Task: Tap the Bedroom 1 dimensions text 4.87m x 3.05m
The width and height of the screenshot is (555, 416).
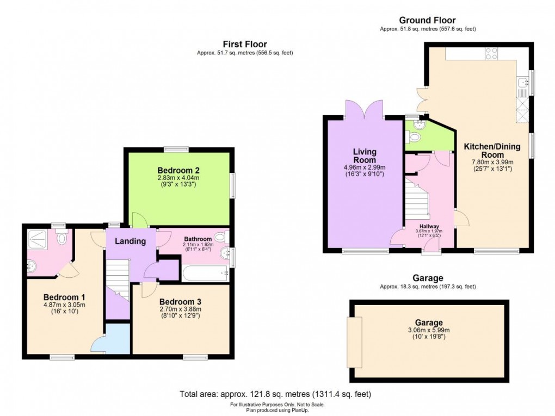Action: tap(64, 305)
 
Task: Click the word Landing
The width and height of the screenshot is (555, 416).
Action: tap(131, 241)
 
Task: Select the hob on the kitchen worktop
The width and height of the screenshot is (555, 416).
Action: tap(491, 53)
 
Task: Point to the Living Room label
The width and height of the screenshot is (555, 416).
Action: tap(364, 156)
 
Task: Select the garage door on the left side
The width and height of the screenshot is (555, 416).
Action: tap(354, 342)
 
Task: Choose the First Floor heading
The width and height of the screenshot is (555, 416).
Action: tap(244, 44)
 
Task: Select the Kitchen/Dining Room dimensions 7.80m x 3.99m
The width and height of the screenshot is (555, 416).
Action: tap(492, 162)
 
